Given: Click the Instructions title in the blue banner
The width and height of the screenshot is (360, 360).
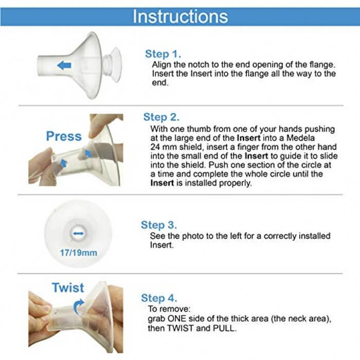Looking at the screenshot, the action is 180,16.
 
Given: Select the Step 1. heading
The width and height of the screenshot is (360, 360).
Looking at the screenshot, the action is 163,54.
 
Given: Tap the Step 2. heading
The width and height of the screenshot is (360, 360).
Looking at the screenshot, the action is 161,117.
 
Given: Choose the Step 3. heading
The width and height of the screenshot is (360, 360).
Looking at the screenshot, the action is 159,225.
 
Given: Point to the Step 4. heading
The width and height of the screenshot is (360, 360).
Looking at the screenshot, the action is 159,298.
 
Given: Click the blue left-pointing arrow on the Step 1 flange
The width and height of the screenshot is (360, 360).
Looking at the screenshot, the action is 64,65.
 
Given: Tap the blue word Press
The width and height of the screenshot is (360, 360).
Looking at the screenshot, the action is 64,136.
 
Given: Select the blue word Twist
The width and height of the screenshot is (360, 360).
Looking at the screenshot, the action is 68,287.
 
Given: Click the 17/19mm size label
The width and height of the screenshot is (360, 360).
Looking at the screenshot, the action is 79,253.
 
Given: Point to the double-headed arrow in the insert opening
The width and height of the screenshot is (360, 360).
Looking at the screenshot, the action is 78,233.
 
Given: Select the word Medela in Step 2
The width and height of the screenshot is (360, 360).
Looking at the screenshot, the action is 300,138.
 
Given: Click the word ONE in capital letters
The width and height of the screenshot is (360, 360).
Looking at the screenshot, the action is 176,319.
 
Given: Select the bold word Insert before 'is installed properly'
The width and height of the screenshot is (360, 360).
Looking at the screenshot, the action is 162,183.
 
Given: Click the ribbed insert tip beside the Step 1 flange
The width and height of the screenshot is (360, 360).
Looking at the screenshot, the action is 112,65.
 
